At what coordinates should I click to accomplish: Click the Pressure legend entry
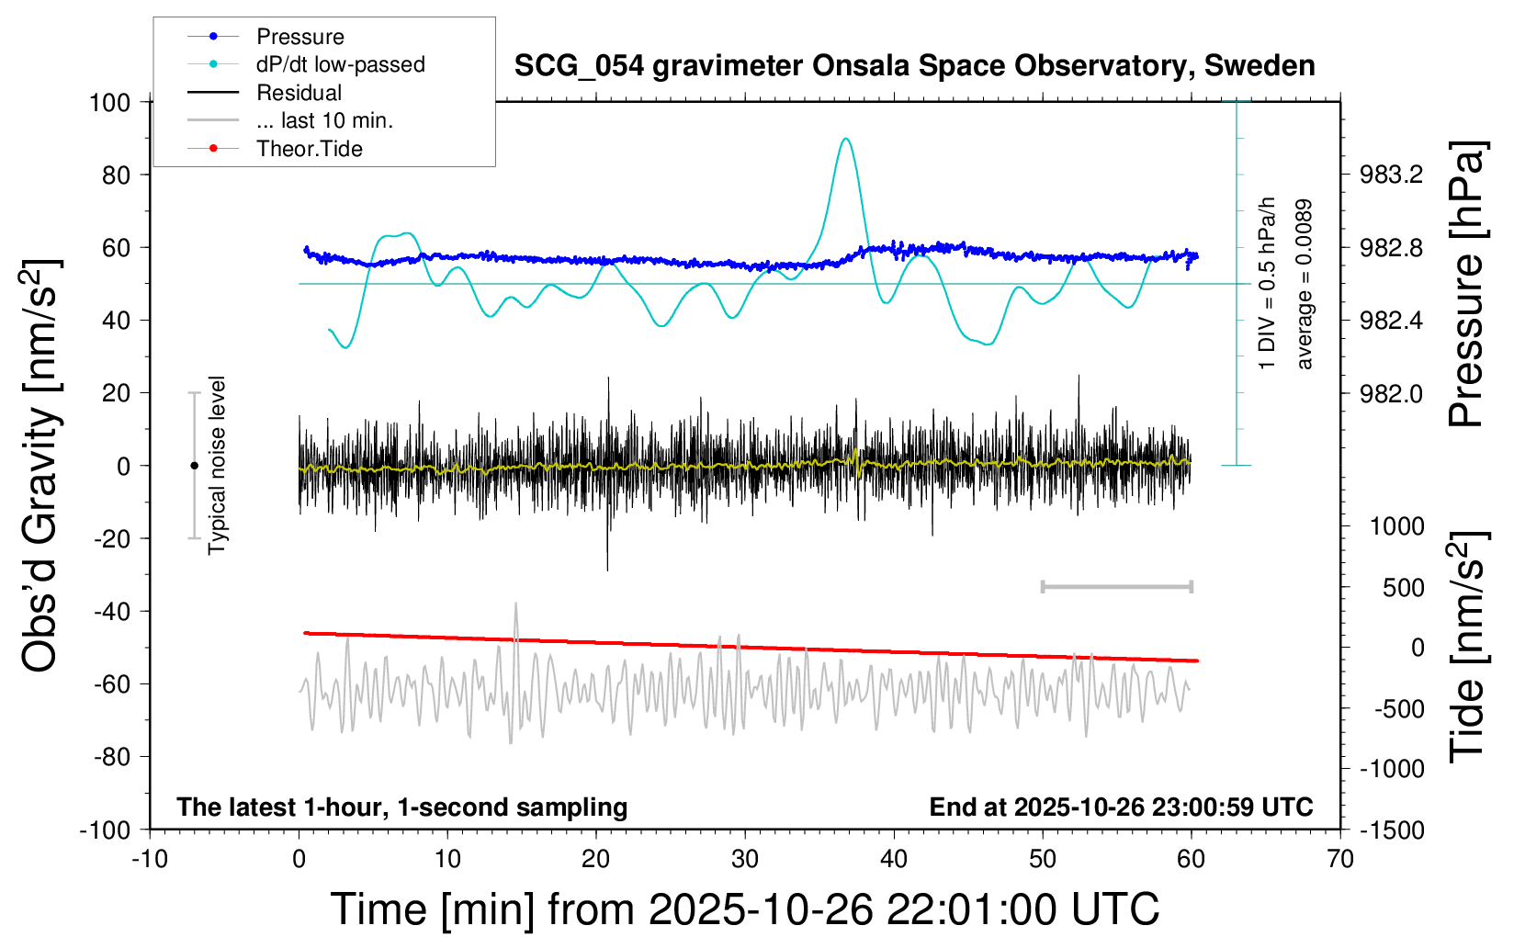pyautogui.click(x=299, y=37)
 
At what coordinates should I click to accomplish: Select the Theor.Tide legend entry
pyautogui.click(x=309, y=149)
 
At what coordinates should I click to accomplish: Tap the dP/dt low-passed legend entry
pyautogui.click(x=340, y=64)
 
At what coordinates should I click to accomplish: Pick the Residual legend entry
pyautogui.click(x=299, y=93)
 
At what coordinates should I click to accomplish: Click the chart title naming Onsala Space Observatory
pyautogui.click(x=914, y=66)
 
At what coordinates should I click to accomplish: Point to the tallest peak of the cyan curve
pyautogui.click(x=845, y=140)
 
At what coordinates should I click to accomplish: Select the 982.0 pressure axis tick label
pyautogui.click(x=1391, y=393)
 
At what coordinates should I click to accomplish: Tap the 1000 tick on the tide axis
pyautogui.click(x=1396, y=526)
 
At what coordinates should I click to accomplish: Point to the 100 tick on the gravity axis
pyautogui.click(x=109, y=102)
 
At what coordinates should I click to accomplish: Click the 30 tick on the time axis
pyautogui.click(x=745, y=860)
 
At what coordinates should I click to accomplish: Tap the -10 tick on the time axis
pyautogui.click(x=150, y=860)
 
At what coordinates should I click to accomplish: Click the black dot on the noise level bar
pyautogui.click(x=194, y=466)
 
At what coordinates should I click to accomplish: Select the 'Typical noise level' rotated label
pyautogui.click(x=217, y=465)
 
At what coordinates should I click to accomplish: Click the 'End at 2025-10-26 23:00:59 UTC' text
pyautogui.click(x=1121, y=807)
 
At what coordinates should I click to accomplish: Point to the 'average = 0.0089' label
pyautogui.click(x=1305, y=285)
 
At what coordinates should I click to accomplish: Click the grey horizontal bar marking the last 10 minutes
pyautogui.click(x=1116, y=586)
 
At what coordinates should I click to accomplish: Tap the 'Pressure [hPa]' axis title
pyautogui.click(x=1466, y=285)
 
